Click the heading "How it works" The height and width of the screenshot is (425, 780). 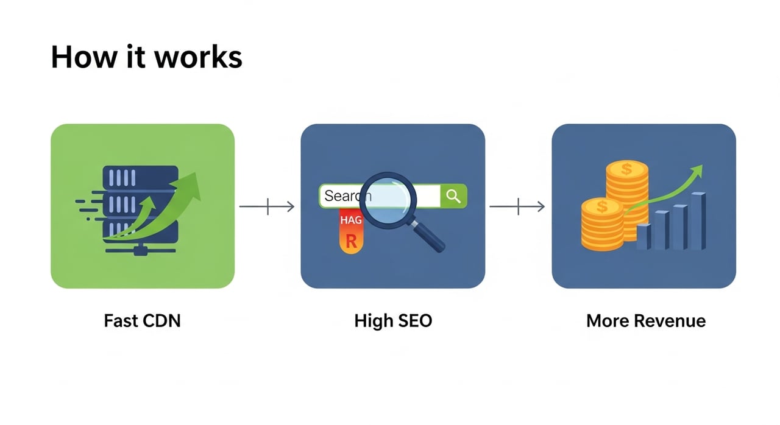click(146, 57)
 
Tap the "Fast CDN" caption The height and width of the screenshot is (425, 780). click(142, 321)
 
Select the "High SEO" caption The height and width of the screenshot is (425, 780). click(393, 321)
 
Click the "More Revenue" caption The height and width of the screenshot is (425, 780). click(646, 321)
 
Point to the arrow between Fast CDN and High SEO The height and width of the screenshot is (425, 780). click(267, 207)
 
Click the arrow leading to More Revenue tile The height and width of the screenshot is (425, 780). click(517, 207)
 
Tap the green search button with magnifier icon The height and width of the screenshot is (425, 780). click(453, 195)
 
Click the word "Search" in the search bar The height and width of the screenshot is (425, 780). click(342, 196)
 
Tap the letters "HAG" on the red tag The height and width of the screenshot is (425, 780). click(351, 220)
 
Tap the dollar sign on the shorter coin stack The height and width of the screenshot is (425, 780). click(602, 207)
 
